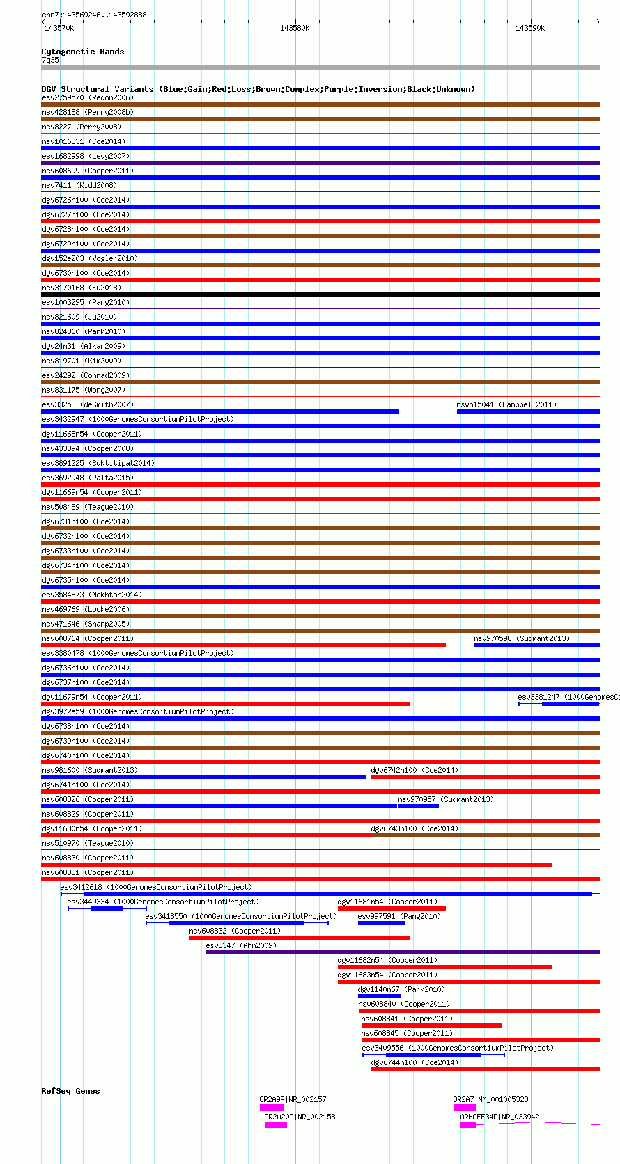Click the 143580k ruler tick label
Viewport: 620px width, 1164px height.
click(x=295, y=28)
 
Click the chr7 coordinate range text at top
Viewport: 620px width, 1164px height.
click(x=94, y=15)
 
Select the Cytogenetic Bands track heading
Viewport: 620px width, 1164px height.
click(x=82, y=52)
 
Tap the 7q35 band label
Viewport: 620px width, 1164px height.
click(x=50, y=60)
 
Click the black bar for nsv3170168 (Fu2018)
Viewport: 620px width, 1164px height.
click(x=320, y=294)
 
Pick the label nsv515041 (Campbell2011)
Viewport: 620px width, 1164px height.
click(x=506, y=404)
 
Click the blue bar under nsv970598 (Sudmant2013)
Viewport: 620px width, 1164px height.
click(x=536, y=645)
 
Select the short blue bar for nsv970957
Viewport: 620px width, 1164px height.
click(x=418, y=806)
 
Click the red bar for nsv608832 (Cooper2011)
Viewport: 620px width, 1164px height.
click(x=300, y=938)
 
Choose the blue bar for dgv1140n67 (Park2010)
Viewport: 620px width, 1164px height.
click(x=379, y=996)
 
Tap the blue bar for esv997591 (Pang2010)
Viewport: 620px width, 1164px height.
click(x=380, y=923)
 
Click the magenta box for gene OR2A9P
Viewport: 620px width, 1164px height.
click(x=271, y=1108)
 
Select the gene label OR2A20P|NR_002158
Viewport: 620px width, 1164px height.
click(x=300, y=1117)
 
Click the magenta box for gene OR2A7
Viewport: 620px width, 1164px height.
click(x=465, y=1108)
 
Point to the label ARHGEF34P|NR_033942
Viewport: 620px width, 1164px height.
click(x=499, y=1117)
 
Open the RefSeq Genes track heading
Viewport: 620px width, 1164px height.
click(x=70, y=1091)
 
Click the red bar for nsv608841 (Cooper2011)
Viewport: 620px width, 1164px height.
click(x=431, y=1025)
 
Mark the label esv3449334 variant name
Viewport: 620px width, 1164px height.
click(x=88, y=902)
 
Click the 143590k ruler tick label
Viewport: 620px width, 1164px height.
click(x=530, y=28)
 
